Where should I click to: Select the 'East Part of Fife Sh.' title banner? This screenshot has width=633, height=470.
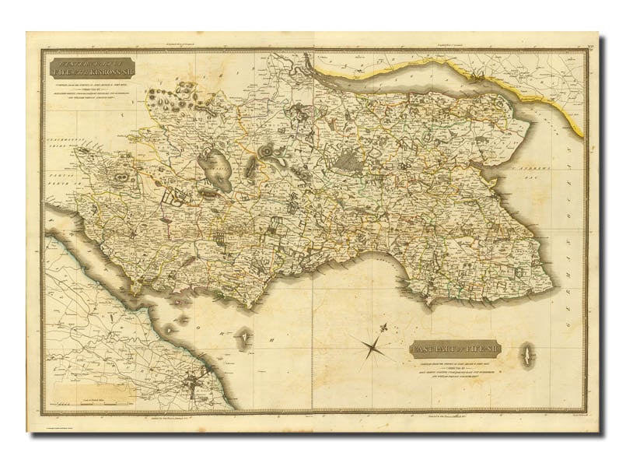456,350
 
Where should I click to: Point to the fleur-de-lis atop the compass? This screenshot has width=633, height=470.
382,328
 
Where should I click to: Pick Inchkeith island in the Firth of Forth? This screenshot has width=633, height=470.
245,337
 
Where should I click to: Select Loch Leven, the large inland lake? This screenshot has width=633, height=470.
215,171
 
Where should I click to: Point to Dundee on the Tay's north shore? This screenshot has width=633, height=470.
476,75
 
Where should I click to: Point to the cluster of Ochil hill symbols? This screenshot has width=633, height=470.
183,97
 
